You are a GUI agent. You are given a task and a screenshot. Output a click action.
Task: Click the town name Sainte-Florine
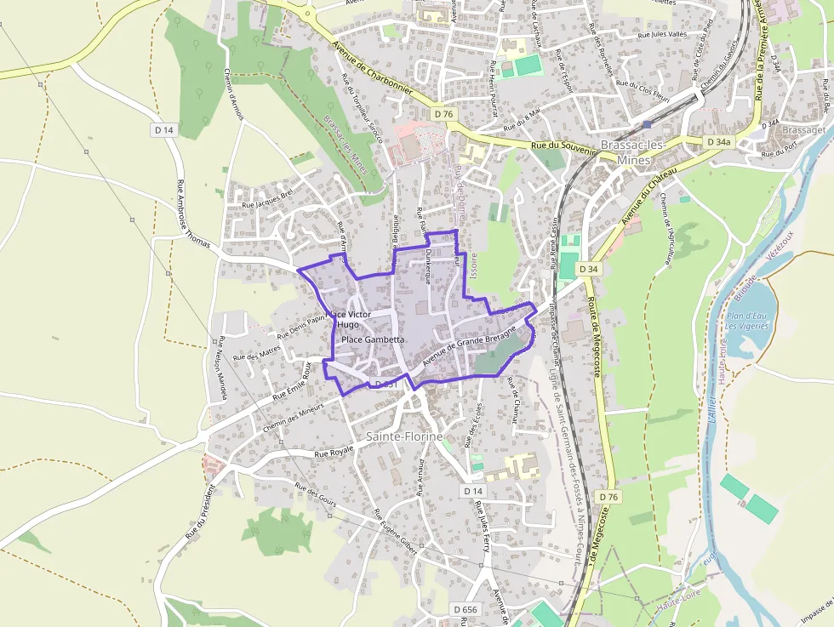click(x=405, y=436)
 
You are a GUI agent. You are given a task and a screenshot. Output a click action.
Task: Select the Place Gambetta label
click(x=372, y=339)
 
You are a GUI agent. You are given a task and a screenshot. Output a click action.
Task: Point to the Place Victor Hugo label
click(x=348, y=320)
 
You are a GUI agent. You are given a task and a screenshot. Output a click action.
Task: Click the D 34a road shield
click(x=719, y=142)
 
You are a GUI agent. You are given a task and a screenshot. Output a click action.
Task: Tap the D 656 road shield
click(x=466, y=609)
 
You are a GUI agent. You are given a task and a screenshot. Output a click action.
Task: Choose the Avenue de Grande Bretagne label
click(x=470, y=345)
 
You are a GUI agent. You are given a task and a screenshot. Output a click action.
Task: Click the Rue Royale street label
click(x=334, y=453)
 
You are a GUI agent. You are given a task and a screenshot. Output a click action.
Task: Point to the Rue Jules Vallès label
click(x=662, y=35)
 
